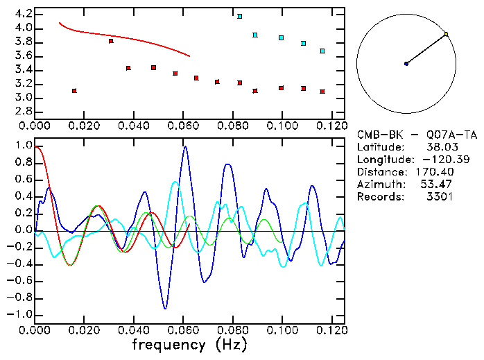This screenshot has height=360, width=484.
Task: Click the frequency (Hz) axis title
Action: (x=189, y=344)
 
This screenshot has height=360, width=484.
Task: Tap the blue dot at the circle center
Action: (x=406, y=64)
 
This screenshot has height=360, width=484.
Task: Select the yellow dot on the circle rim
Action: (x=446, y=33)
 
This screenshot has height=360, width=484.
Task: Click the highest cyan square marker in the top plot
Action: (x=240, y=16)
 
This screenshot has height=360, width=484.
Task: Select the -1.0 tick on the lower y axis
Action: (x=21, y=314)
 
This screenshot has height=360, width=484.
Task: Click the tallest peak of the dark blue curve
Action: (x=185, y=146)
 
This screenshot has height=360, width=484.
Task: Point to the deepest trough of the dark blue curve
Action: (x=165, y=309)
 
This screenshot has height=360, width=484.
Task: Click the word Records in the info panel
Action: (x=379, y=197)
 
